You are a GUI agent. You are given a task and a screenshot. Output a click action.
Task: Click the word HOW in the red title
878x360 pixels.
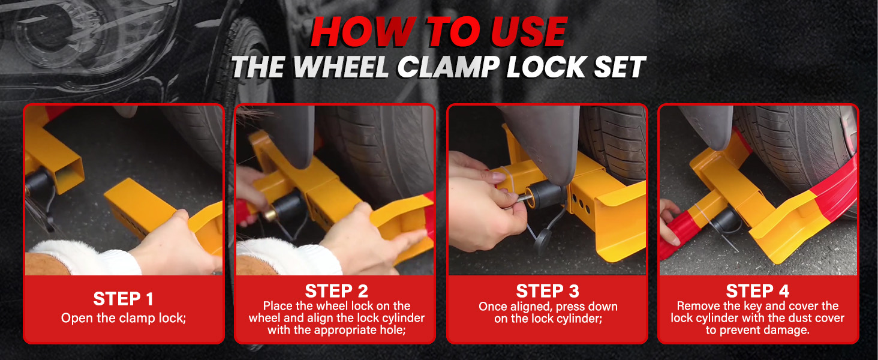point(363,32)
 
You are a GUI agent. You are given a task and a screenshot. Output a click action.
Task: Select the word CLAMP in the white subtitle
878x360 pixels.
point(448,67)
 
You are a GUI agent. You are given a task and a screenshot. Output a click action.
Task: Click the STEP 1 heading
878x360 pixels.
point(123,299)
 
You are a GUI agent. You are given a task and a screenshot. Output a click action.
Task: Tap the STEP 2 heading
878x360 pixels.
point(336,291)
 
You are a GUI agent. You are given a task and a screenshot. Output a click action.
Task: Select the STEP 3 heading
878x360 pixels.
point(547,291)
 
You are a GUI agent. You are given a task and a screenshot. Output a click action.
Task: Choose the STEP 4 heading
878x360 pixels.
point(757,291)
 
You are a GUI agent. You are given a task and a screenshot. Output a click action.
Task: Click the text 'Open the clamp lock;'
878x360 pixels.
point(123,318)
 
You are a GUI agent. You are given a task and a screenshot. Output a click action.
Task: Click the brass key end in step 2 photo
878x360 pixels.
point(270,215)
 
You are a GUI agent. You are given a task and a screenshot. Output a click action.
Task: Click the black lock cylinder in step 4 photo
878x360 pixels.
point(726,220)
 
